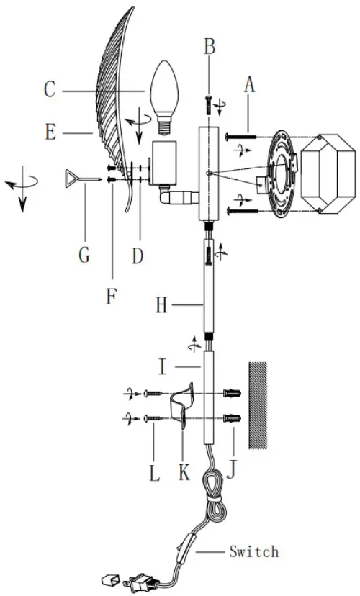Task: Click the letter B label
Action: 210,46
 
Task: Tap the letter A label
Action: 249,85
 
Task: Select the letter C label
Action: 50,90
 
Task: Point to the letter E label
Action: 50,132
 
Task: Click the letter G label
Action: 84,255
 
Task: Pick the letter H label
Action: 162,305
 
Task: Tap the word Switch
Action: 254,551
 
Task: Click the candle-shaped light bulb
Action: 164,97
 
